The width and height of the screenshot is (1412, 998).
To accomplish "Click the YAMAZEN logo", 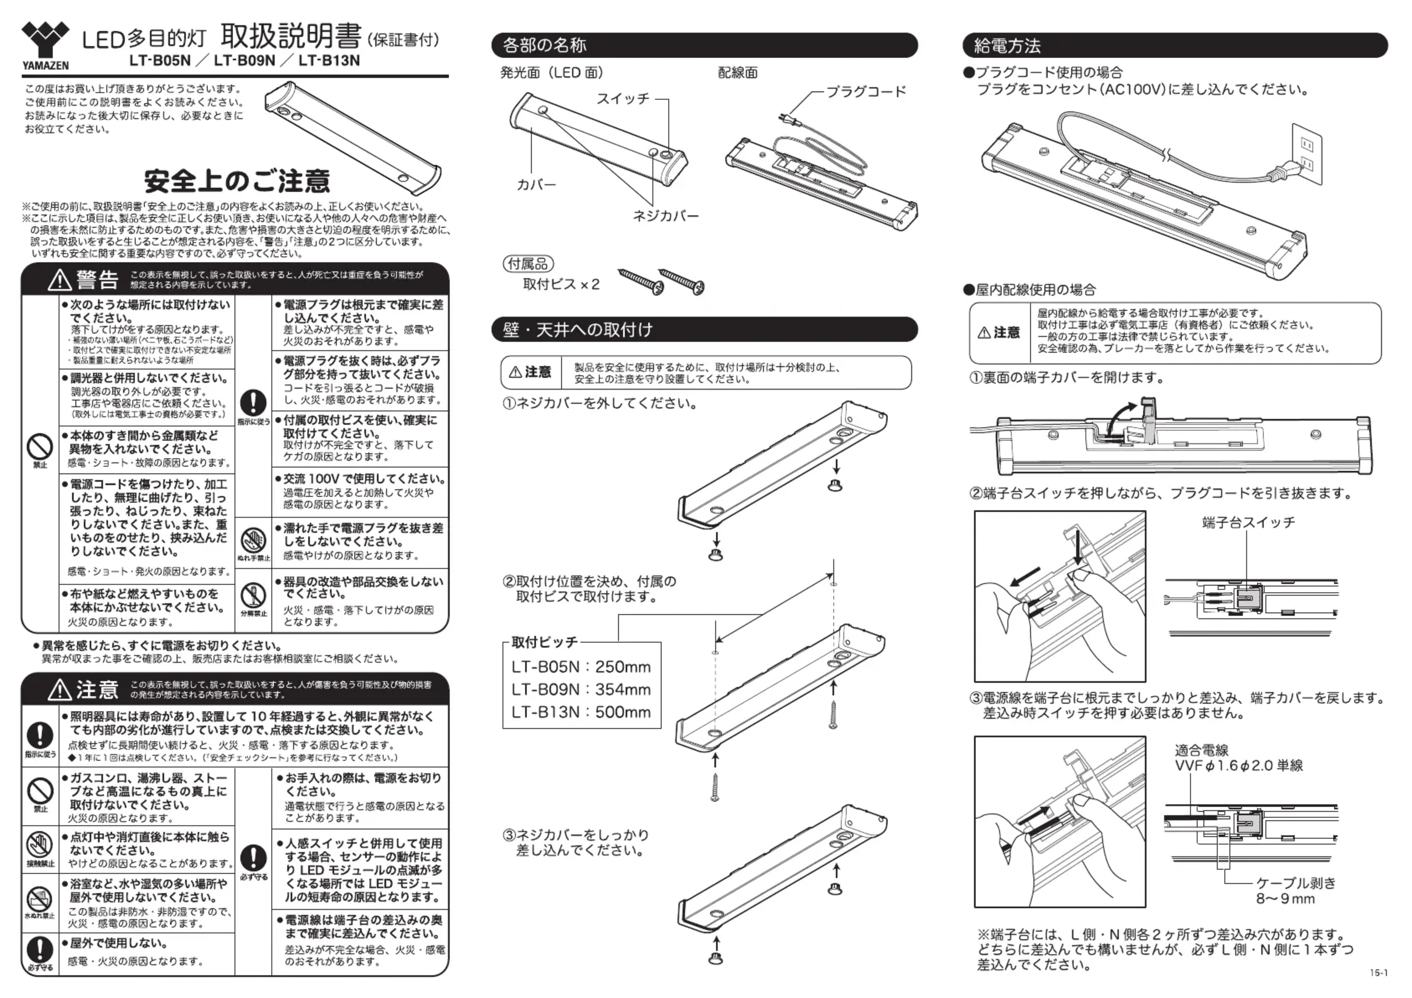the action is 45,44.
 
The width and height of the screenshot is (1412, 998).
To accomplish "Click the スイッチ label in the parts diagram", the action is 623,98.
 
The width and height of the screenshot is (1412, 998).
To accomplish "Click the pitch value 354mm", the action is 623,689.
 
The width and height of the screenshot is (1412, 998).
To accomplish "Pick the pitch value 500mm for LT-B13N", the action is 623,712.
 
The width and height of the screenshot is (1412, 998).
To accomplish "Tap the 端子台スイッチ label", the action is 1248,522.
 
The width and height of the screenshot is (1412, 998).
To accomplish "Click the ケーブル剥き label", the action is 1296,883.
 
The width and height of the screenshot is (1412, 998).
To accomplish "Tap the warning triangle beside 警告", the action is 60,280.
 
